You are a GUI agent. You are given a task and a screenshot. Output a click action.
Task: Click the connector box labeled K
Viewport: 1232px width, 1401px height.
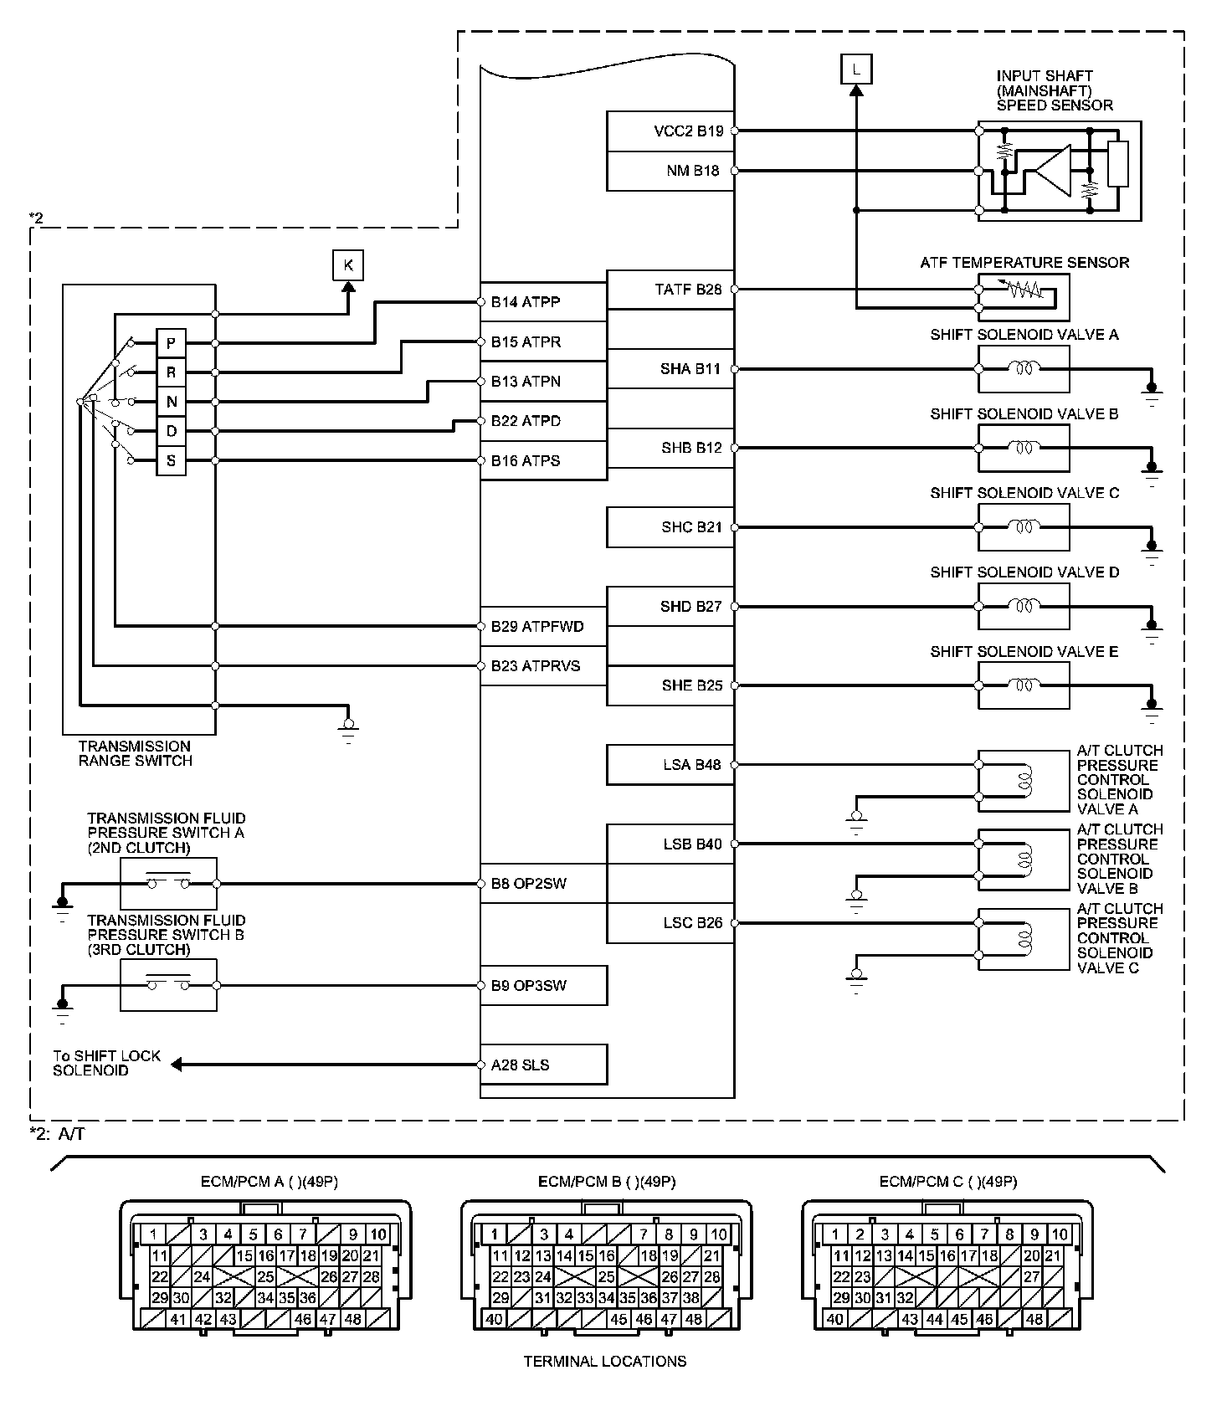click(348, 266)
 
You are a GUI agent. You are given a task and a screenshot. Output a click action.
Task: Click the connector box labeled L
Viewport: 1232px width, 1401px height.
click(855, 69)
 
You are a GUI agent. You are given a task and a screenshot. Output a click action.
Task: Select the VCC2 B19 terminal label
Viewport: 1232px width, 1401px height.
click(689, 131)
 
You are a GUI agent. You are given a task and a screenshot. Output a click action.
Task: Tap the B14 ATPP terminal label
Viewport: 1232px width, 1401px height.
click(526, 302)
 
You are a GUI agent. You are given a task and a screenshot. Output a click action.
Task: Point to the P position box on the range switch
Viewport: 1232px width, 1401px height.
click(172, 343)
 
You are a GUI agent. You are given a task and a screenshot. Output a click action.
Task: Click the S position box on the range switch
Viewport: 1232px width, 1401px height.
click(172, 460)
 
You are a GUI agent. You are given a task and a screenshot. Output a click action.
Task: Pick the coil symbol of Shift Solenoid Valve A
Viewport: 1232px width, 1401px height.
click(1023, 368)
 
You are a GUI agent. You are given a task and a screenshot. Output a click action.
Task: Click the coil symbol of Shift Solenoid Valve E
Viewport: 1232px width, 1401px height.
click(1023, 685)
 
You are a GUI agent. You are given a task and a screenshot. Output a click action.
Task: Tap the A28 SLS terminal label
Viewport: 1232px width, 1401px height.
click(520, 1065)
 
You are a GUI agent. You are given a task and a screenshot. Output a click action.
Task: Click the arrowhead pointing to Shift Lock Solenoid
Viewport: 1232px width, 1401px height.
click(177, 1065)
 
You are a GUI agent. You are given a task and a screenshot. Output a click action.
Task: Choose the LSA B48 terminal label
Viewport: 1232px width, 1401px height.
click(691, 765)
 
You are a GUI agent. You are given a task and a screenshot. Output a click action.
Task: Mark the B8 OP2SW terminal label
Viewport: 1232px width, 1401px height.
click(528, 884)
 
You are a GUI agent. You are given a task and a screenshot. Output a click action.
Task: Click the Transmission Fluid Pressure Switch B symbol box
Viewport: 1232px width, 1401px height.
click(168, 985)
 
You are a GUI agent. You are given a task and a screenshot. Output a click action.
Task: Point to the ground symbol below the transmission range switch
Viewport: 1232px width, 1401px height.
click(348, 728)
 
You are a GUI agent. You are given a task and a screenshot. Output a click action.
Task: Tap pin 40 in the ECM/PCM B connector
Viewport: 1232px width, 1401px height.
click(495, 1319)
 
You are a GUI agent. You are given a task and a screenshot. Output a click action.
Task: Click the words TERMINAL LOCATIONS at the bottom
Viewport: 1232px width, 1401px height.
click(605, 1362)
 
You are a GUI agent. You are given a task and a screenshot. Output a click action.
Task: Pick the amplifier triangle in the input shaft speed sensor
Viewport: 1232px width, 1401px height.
click(1054, 171)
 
